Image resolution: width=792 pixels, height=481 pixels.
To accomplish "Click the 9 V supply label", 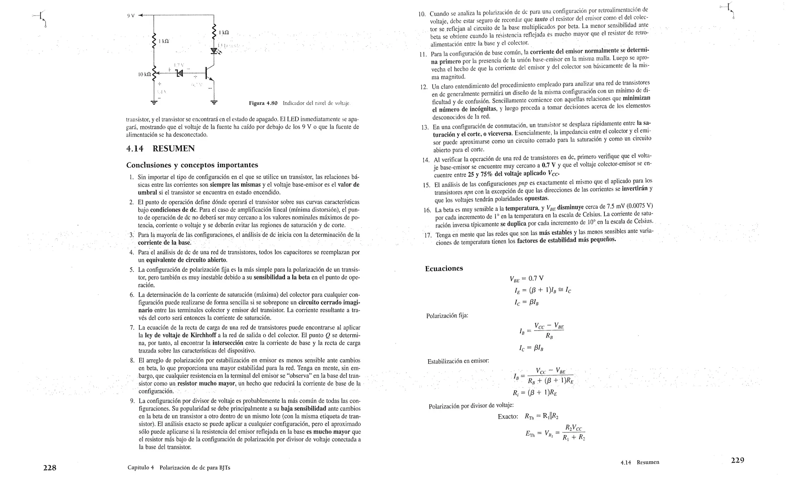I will (x=131, y=16).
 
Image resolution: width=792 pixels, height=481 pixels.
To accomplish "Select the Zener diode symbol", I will (x=179, y=73).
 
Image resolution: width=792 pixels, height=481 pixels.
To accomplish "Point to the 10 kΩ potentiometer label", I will (x=144, y=74).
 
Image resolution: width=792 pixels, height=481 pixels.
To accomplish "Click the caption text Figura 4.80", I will (x=263, y=103).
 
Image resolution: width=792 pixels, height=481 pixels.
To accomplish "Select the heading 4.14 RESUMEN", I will (x=160, y=149).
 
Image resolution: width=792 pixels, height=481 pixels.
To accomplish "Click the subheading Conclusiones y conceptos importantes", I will (x=192, y=165).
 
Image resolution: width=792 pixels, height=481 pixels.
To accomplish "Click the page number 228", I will (x=49, y=468).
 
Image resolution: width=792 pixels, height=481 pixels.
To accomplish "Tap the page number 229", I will (x=737, y=460).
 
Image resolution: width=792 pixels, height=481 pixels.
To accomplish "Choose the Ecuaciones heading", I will (x=444, y=269).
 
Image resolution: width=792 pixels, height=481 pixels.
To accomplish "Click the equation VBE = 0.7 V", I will (x=526, y=278).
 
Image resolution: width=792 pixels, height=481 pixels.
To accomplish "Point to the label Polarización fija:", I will (x=447, y=316).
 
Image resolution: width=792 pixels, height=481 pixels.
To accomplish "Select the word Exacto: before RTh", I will (x=508, y=417).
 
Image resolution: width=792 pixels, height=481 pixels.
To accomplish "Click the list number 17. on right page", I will (x=427, y=235).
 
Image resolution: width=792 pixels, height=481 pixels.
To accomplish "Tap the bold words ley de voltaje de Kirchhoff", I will (x=180, y=335).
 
